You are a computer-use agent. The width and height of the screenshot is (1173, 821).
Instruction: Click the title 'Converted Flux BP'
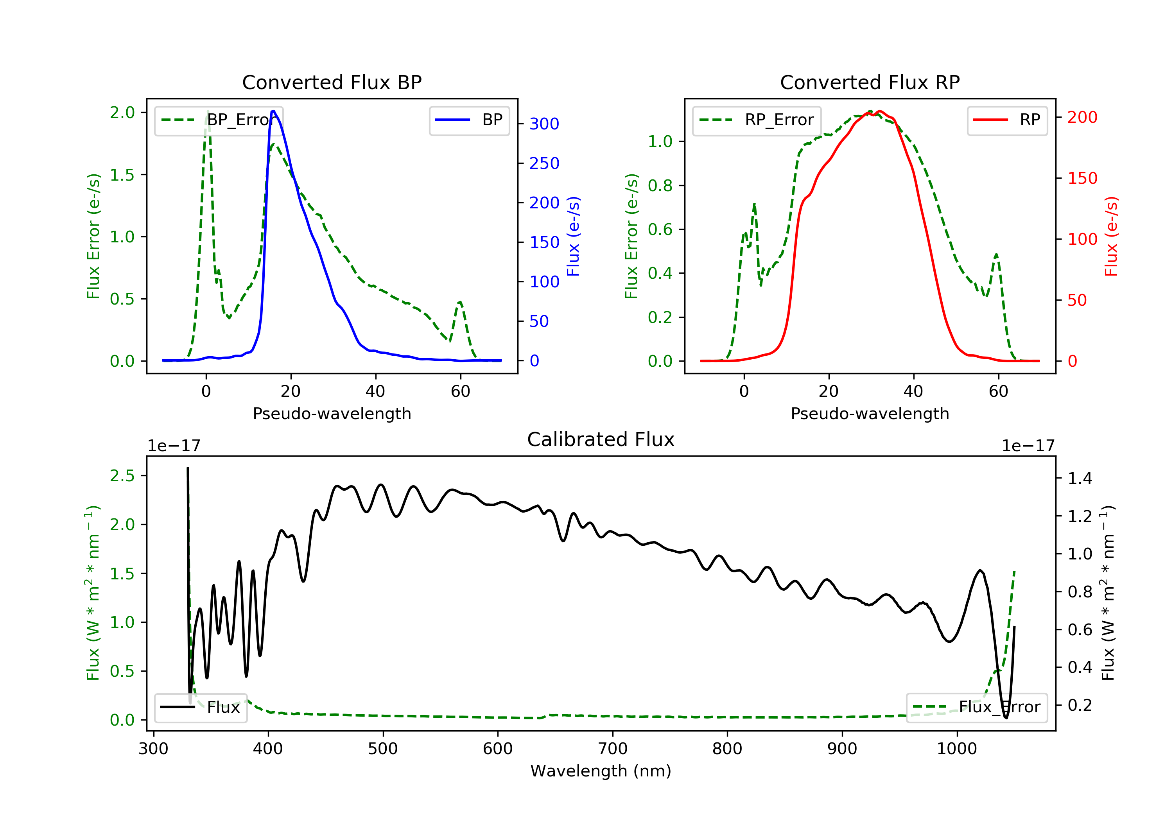(x=332, y=82)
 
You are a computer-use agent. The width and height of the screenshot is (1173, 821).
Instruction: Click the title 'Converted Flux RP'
(x=870, y=82)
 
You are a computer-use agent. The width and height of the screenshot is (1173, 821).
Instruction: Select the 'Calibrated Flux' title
(x=601, y=439)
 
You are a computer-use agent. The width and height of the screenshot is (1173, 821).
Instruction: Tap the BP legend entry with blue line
(x=469, y=120)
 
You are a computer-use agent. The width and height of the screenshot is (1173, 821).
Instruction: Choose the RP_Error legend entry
(x=757, y=120)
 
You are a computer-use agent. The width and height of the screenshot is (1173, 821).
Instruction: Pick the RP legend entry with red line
(x=1007, y=120)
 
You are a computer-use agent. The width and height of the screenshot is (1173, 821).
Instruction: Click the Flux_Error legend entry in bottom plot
(x=976, y=707)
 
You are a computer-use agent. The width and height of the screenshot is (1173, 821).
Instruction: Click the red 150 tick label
(x=1083, y=178)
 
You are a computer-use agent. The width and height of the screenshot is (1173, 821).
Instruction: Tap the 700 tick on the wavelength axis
(x=613, y=749)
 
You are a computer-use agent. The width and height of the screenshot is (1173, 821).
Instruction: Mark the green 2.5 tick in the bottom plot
(x=123, y=476)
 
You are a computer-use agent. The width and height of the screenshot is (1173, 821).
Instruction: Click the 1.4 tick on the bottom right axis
(x=1080, y=478)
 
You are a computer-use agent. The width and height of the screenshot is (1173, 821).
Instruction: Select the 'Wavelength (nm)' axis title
(x=601, y=771)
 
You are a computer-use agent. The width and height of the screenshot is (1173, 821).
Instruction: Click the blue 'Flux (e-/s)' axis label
(x=573, y=237)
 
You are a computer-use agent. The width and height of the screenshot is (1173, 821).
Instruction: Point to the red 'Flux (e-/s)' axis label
(x=1111, y=237)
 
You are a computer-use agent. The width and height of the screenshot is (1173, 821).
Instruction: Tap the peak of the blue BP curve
(x=274, y=111)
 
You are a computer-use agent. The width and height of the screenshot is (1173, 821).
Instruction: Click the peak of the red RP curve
(x=879, y=111)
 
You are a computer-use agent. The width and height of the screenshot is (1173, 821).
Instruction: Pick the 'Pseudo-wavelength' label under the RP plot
(x=870, y=413)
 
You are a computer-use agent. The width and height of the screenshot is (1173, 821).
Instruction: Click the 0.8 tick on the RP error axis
(x=660, y=185)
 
